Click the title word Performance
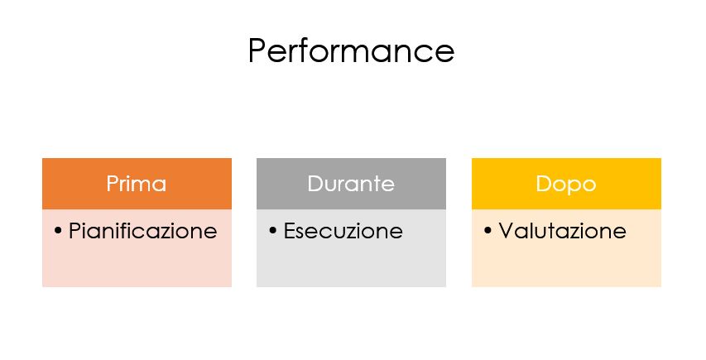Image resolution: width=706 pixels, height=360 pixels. [351, 50]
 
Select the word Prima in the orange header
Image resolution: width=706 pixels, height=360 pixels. [137, 184]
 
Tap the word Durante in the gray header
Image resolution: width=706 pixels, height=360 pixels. [351, 184]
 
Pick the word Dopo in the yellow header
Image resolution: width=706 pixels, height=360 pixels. [566, 184]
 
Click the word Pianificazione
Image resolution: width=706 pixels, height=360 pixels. [142, 231]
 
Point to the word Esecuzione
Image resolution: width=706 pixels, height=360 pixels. [343, 231]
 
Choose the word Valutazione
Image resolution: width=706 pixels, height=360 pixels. [562, 231]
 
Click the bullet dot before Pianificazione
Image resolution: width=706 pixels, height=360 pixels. [58, 231]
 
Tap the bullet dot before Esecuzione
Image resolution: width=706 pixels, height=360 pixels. [273, 231]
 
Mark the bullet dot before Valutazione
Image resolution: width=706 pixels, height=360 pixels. [487, 231]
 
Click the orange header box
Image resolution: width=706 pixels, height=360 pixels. [137, 184]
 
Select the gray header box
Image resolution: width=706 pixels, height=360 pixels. [351, 184]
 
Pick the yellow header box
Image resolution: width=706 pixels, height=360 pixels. [566, 184]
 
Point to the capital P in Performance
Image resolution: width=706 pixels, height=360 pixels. [257, 50]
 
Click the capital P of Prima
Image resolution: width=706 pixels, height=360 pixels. [113, 184]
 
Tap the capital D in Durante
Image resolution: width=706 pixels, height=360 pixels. [315, 184]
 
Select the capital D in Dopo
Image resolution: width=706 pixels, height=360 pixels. [544, 184]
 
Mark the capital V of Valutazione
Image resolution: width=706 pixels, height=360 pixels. [507, 230]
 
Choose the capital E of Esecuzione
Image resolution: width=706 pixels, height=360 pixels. [290, 230]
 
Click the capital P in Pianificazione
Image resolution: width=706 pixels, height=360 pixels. [74, 230]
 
